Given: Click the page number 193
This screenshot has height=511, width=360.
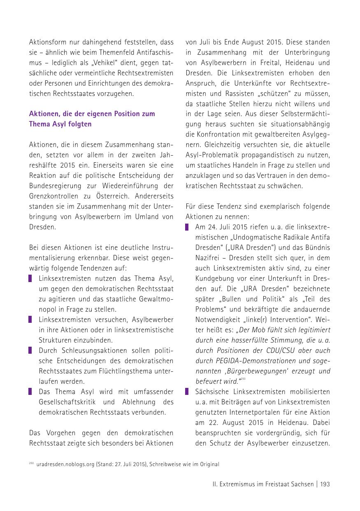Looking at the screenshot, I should (325, 484).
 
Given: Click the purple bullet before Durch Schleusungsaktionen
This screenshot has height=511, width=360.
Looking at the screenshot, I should (30, 350).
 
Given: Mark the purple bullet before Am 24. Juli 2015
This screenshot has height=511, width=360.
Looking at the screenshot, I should (187, 227).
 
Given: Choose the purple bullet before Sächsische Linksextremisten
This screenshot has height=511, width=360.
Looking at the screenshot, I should (187, 392).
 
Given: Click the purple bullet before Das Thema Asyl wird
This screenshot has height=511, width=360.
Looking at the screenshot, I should (30, 392).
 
